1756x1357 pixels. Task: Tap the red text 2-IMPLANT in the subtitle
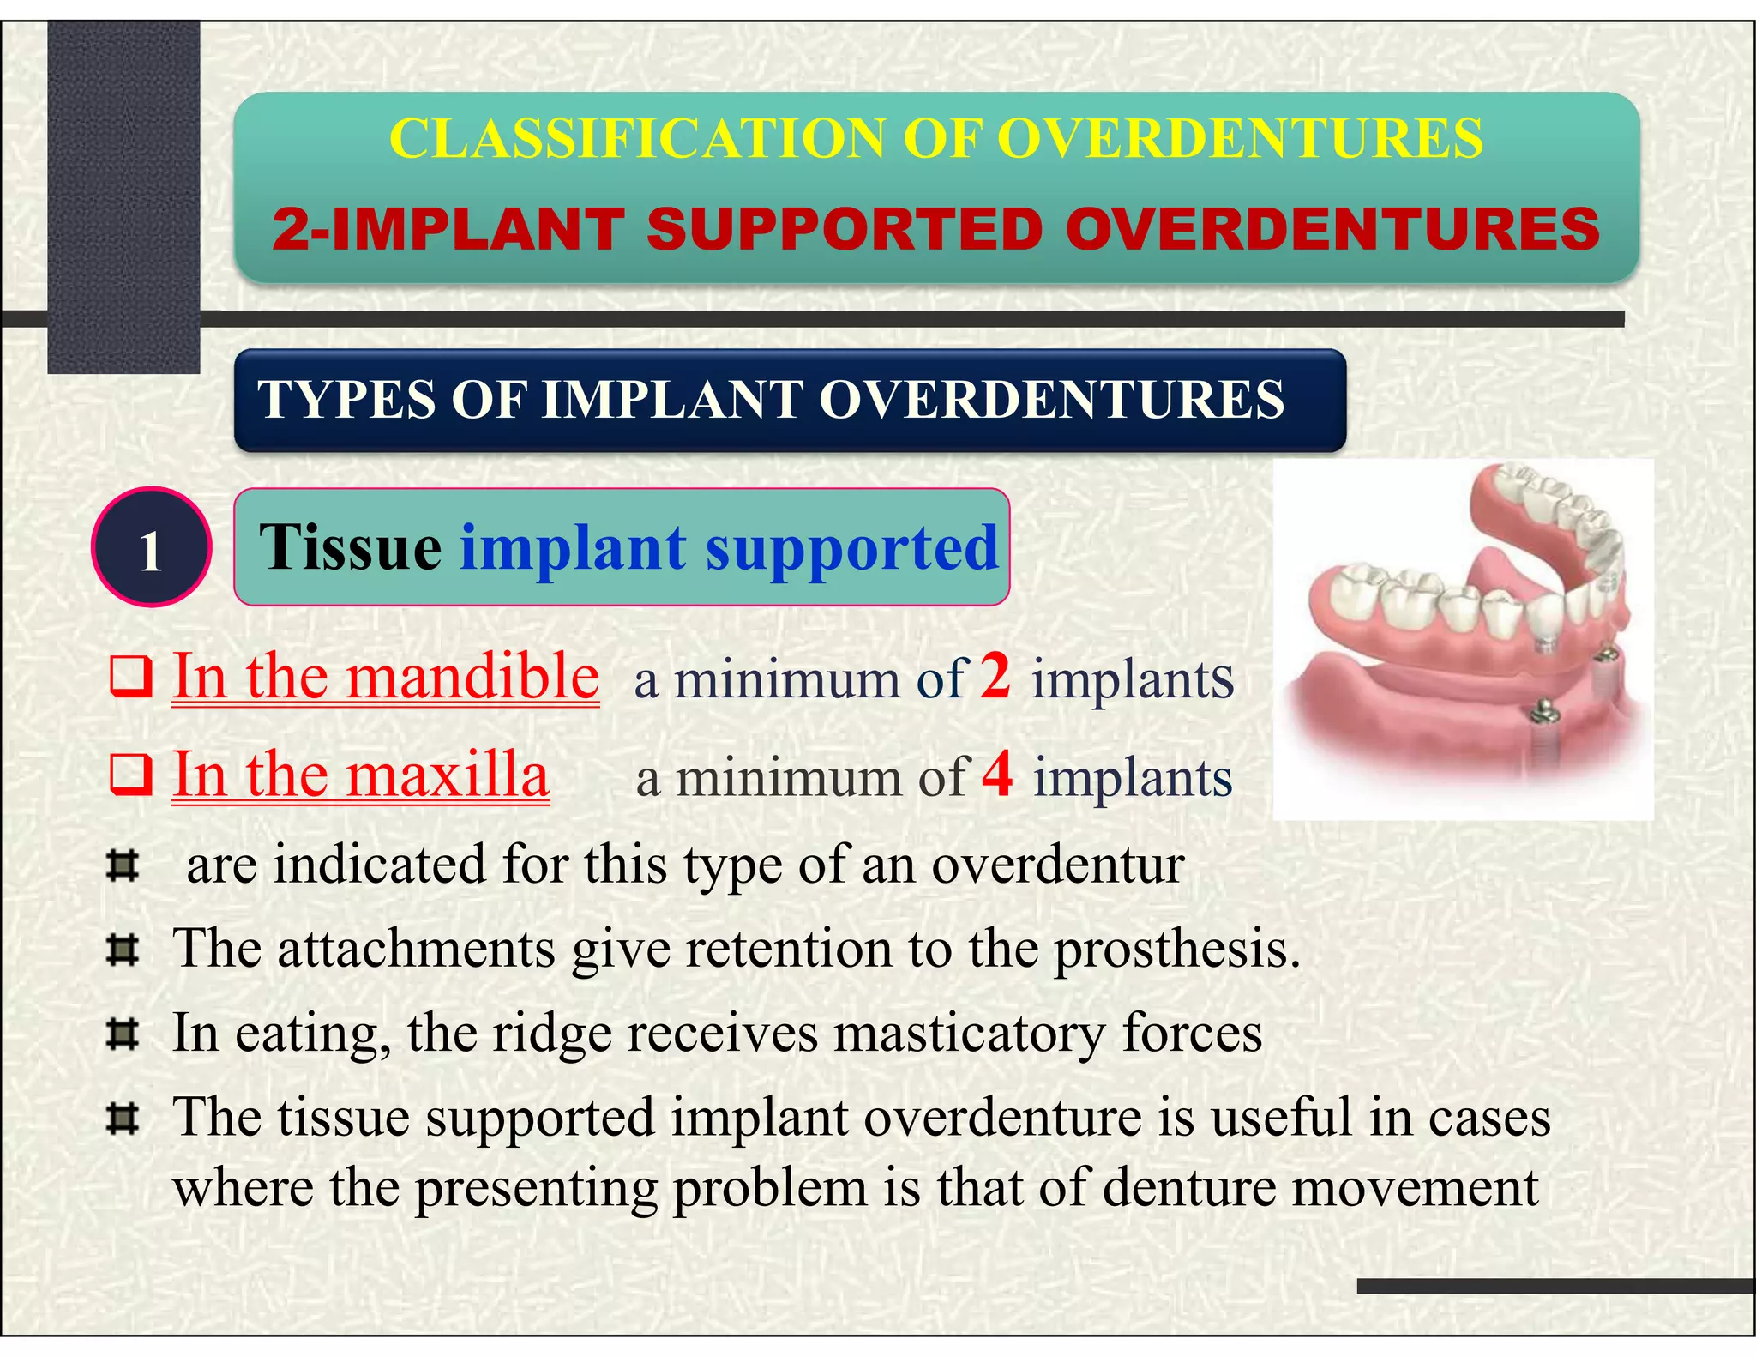click(x=447, y=230)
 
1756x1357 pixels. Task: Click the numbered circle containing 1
click(x=151, y=548)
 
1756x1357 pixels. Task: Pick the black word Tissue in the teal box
click(x=350, y=547)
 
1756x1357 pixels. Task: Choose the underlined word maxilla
click(x=447, y=775)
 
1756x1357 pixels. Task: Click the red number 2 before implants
click(x=995, y=676)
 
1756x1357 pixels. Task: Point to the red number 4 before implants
click(x=997, y=774)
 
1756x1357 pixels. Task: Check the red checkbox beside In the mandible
click(x=131, y=677)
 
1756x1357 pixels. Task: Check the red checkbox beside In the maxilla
click(x=131, y=775)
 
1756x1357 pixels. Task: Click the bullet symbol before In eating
click(x=123, y=1034)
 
